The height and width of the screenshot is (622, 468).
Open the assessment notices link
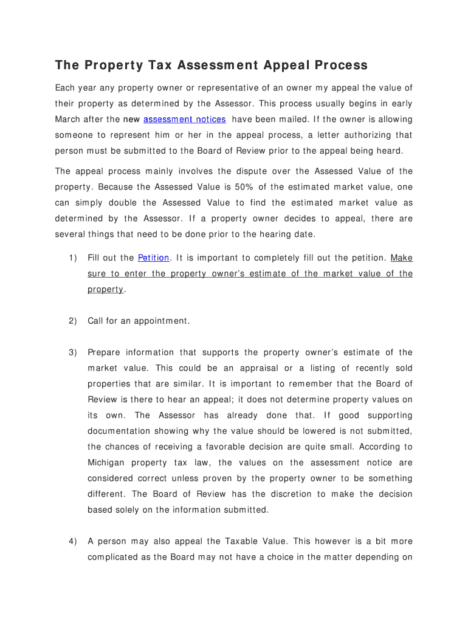pos(185,119)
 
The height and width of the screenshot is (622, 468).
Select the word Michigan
pos(107,463)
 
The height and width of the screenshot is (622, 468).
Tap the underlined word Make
pos(402,258)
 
